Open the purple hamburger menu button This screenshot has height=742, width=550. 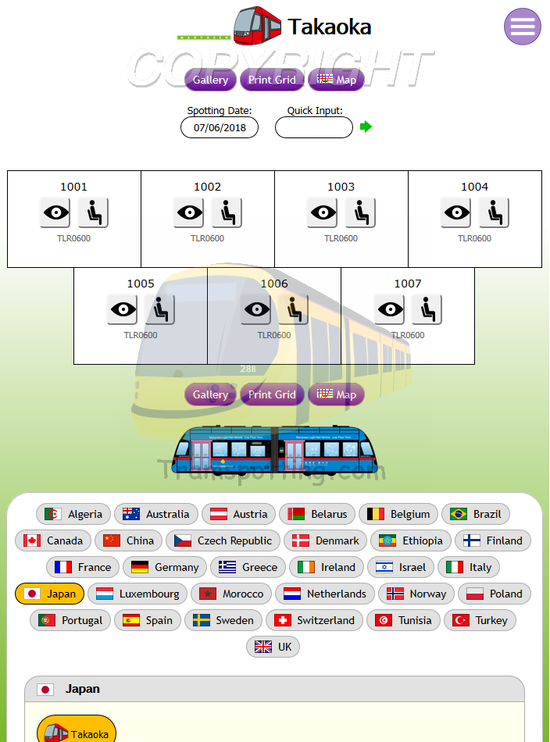coord(523,27)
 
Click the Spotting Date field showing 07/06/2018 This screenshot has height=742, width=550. coord(220,127)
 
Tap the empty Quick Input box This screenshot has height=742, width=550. coord(314,127)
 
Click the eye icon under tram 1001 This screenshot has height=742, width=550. coord(55,212)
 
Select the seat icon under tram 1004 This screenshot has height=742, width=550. coord(494,212)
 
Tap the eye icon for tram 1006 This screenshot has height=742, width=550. coord(255,309)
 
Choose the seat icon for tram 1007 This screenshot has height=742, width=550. coord(427,309)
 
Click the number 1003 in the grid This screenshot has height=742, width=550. coord(341,187)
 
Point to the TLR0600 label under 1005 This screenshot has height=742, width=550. coord(141,335)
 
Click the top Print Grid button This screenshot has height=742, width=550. coord(272,80)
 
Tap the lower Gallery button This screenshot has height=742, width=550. coord(210,394)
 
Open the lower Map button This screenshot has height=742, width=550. coord(337,394)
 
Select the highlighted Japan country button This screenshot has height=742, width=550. coord(51,594)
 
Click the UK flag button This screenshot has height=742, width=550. coord(273,647)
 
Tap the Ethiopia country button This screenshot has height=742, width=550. coord(411,540)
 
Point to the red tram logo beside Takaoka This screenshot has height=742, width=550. coord(257,27)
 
